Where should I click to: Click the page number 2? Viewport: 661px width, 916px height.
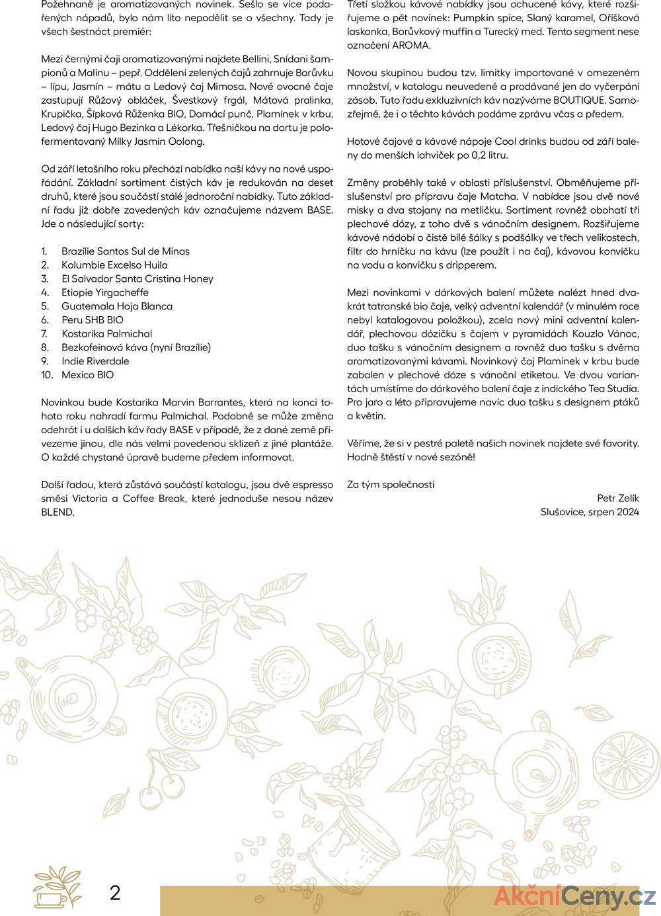point(115,893)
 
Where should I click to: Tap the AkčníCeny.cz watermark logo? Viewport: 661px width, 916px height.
point(574,897)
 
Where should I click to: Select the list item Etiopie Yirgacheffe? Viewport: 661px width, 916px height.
point(105,292)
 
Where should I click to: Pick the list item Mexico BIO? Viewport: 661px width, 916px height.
point(87,375)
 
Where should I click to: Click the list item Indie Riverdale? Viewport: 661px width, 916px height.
point(95,361)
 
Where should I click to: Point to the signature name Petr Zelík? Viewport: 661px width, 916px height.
point(617,498)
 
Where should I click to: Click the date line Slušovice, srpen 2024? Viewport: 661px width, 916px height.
point(590,512)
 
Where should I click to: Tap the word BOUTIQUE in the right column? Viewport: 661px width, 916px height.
point(579,101)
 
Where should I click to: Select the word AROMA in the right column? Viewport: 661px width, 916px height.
point(411,46)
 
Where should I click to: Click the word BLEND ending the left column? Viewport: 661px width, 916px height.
point(57,513)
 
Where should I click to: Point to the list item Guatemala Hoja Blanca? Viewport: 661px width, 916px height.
point(117,306)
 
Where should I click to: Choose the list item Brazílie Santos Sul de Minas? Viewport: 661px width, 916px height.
point(126,251)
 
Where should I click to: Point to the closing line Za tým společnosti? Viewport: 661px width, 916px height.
point(391,485)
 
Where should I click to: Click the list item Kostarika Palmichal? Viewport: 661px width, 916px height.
point(106,334)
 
